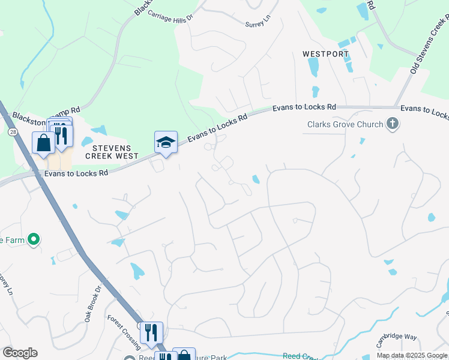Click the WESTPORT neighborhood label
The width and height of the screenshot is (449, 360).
pos(325,54)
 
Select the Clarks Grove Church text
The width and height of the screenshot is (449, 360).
pos(345,125)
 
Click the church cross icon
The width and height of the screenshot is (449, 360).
pos(393,124)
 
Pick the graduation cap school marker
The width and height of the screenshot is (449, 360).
pos(166,142)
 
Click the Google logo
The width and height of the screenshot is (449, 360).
pos(20,353)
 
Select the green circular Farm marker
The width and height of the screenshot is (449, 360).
pos(34,241)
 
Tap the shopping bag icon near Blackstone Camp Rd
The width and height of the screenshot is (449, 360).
pos(44,143)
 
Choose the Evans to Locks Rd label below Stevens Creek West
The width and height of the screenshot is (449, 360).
pos(76,173)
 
